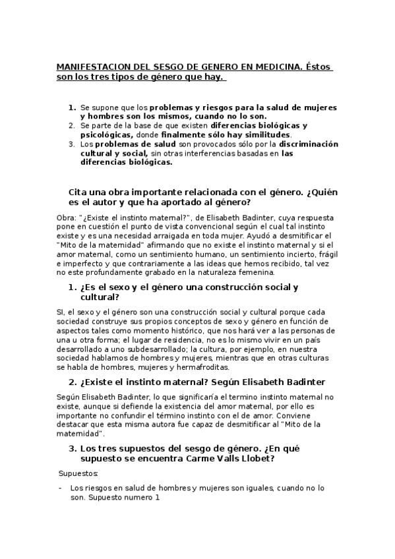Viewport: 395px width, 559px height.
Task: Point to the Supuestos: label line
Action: [x=78, y=473]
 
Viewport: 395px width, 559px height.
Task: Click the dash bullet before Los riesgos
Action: [x=60, y=488]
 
